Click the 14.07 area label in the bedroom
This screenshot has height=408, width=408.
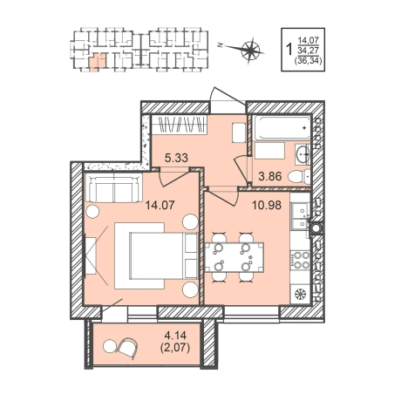160,206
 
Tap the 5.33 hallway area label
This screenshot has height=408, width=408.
176,158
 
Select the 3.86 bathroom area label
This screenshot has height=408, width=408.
270,176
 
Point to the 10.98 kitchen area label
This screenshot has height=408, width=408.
267,206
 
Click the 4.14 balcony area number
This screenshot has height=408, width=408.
175,336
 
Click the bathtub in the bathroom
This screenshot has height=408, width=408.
282,128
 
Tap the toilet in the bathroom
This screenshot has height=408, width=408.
299,176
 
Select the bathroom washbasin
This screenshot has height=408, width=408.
303,153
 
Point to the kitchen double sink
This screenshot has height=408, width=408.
300,215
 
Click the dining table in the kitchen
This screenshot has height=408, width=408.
235,257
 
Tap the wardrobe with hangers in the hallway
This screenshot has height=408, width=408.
180,125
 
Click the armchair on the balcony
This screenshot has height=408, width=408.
126,348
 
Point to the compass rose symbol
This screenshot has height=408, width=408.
250,51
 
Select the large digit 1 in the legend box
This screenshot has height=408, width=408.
289,50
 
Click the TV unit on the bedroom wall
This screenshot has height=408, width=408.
91,255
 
